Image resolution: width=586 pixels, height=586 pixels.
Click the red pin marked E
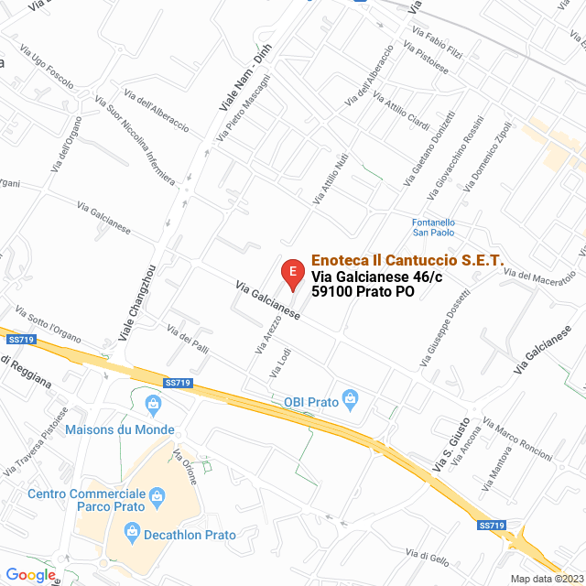click(x=291, y=272)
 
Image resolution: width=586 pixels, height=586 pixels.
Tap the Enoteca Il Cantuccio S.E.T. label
click(x=407, y=261)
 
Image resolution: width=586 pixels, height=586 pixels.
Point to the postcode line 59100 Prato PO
click(x=363, y=292)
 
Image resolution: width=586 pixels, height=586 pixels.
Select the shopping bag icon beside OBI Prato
click(x=350, y=399)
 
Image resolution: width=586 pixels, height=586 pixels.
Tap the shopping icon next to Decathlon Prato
click(x=132, y=532)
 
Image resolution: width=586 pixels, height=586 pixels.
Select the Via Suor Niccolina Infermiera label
click(x=139, y=147)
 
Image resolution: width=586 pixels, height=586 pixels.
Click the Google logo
click(x=30, y=574)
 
